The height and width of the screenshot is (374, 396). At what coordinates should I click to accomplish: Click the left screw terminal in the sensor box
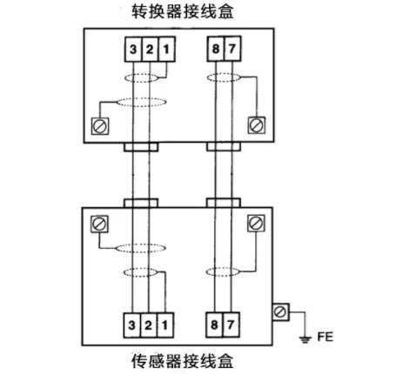[x=98, y=224]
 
